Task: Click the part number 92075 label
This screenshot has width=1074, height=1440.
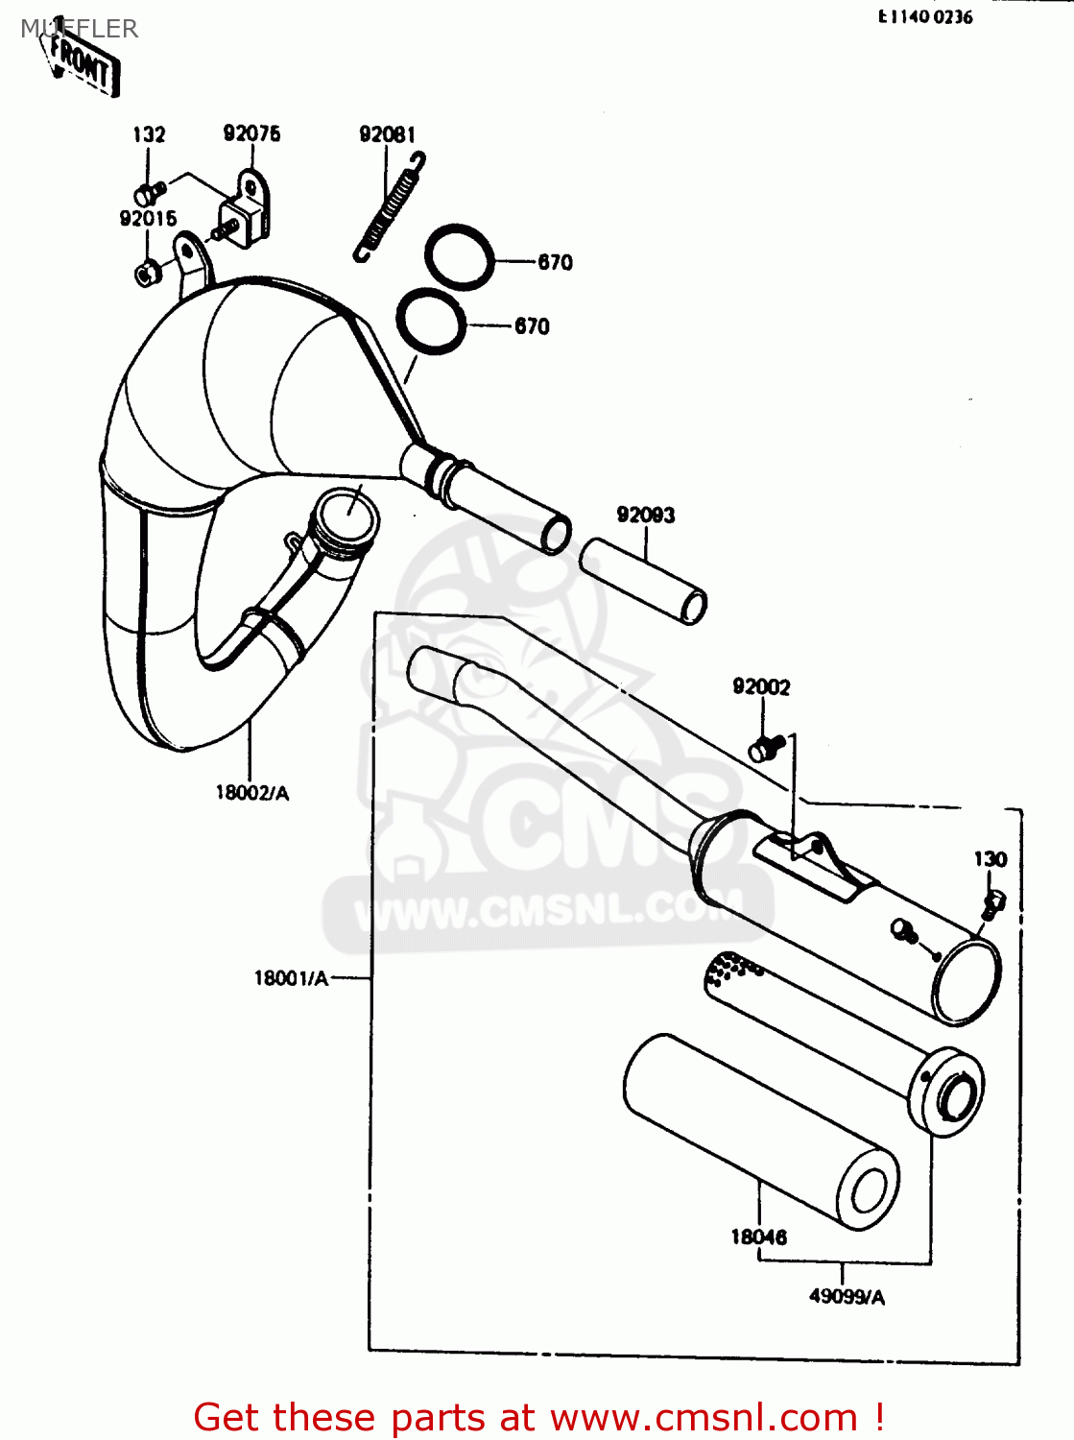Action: tap(251, 133)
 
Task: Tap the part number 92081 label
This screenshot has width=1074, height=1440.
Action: tap(387, 134)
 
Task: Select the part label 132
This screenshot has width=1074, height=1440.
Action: tap(149, 134)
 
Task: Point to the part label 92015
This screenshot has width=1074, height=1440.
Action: tap(148, 219)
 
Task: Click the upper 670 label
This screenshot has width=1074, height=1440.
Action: tap(555, 262)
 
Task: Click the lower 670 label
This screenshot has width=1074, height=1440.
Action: tap(532, 326)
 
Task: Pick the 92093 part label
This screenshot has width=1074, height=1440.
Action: tap(645, 516)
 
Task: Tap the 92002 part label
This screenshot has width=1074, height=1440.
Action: tap(761, 686)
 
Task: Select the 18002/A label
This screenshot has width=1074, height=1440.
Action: tap(251, 793)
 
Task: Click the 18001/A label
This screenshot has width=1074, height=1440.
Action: tap(291, 978)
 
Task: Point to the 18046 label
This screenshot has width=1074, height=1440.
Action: tap(758, 1237)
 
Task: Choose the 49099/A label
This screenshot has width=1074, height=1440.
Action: tap(847, 1297)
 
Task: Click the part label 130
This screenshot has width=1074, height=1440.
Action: tap(990, 859)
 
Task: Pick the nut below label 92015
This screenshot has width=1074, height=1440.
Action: tap(146, 274)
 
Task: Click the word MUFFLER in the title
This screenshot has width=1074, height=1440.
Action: tap(80, 29)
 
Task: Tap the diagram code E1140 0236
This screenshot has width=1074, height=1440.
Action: tap(925, 17)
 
